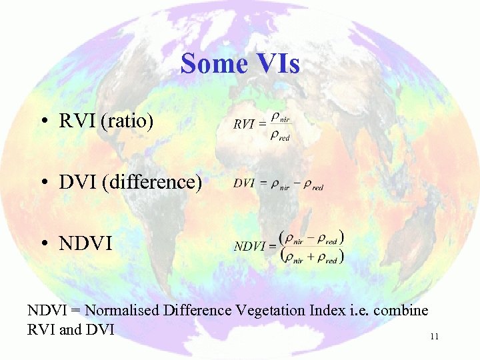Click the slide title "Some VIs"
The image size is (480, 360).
(240, 64)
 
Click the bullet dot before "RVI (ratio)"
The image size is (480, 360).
(43, 122)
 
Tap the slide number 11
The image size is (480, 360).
(434, 337)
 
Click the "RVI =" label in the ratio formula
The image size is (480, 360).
(249, 124)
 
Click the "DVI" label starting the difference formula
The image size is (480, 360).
(244, 184)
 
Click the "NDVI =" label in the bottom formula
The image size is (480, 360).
(255, 246)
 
